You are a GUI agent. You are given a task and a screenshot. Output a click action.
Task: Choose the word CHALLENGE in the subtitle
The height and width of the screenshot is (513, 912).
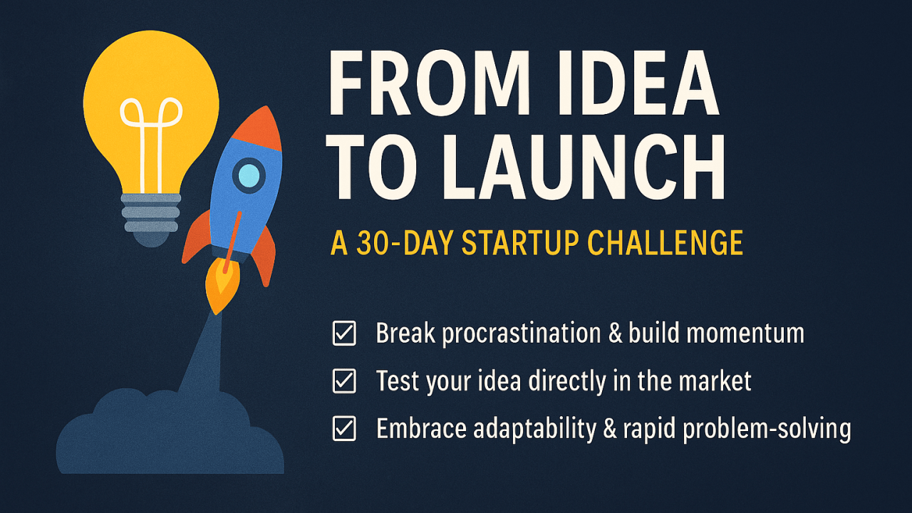pyautogui.click(x=665, y=244)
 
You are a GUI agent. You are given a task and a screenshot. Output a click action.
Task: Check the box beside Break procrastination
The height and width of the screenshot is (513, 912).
pyautogui.click(x=344, y=333)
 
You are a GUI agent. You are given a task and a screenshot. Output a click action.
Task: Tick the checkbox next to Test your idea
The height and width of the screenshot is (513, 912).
pyautogui.click(x=344, y=381)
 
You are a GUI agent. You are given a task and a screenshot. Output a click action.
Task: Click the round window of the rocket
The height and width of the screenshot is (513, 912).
pyautogui.click(x=249, y=175)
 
